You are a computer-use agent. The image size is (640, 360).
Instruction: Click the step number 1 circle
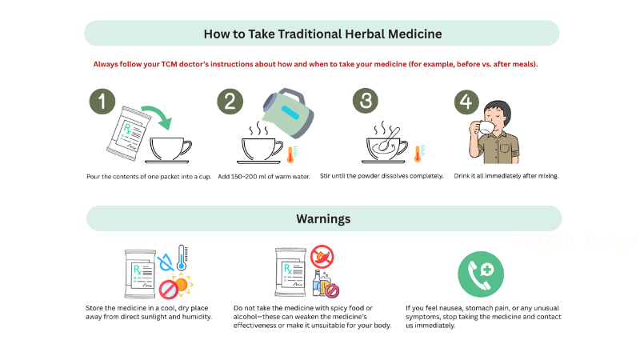pyautogui.click(x=102, y=102)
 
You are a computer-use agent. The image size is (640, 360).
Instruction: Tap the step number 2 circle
pyautogui.click(x=230, y=102)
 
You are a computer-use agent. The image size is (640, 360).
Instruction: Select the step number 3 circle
pyautogui.click(x=366, y=101)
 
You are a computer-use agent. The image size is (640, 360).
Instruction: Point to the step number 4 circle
pyautogui.click(x=466, y=102)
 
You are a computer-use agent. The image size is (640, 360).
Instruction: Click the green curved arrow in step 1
pyautogui.click(x=160, y=114)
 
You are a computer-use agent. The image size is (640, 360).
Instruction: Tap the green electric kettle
pyautogui.click(x=288, y=113)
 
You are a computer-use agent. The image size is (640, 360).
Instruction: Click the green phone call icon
pyautogui.click(x=481, y=274)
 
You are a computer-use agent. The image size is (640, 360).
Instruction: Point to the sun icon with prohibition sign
pyautogui.click(x=176, y=286)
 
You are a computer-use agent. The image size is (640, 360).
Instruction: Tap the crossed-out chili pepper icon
pyautogui.click(x=322, y=257)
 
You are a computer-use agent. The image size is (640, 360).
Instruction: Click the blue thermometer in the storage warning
pyautogui.click(x=182, y=258)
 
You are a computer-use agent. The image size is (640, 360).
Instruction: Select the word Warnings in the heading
pyautogui.click(x=323, y=218)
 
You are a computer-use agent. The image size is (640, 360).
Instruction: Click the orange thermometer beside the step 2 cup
pyautogui.click(x=291, y=154)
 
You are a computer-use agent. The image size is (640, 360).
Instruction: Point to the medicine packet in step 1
pyautogui.click(x=128, y=133)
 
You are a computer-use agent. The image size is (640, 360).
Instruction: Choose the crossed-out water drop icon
pyautogui.click(x=166, y=262)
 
